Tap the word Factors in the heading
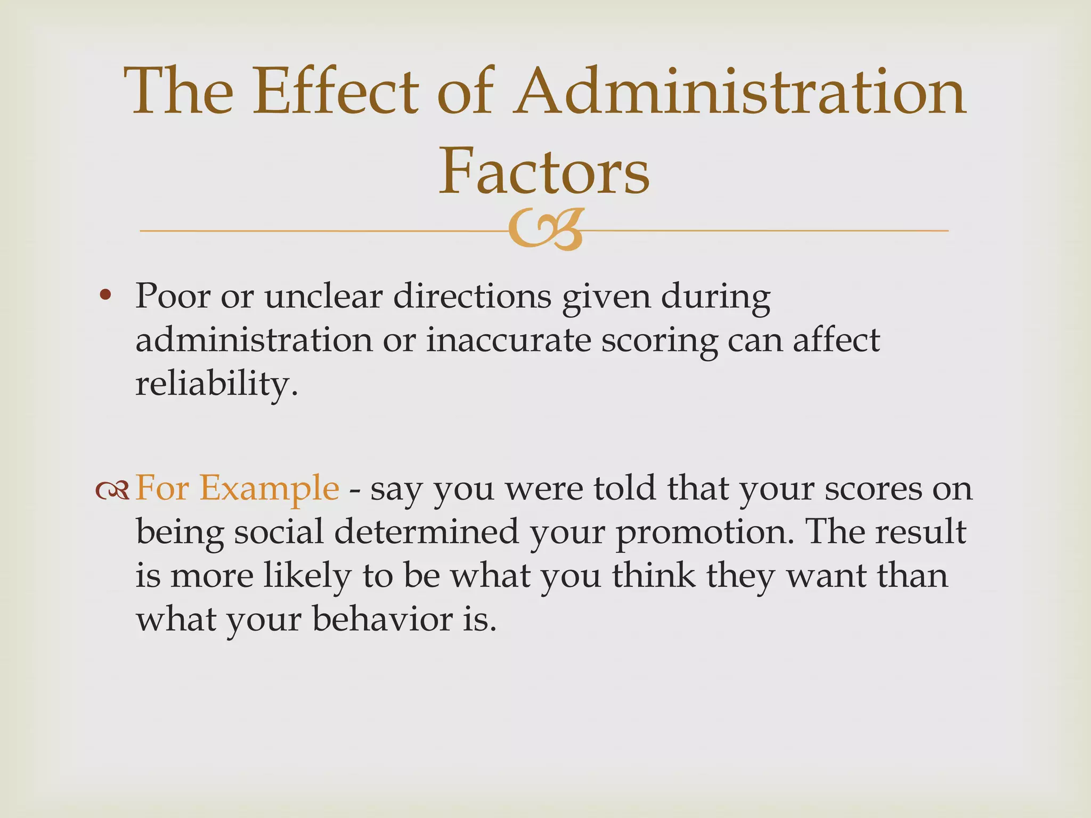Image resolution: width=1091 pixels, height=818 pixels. tap(544, 170)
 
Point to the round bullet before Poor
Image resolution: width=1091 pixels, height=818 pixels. tap(105, 295)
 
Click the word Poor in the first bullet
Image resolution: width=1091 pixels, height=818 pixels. tap(173, 296)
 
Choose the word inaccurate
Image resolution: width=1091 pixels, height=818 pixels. tap(509, 340)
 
